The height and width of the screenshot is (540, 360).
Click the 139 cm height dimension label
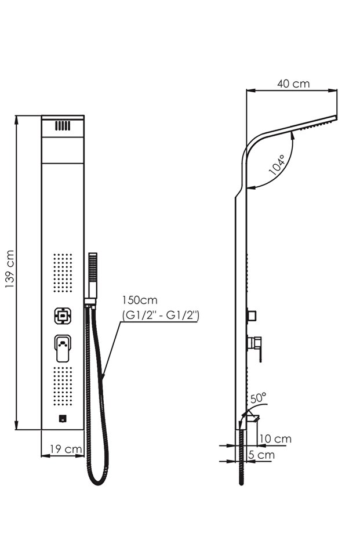(x=10, y=269)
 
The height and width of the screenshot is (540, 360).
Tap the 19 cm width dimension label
(x=66, y=449)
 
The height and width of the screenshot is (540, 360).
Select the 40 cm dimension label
(x=293, y=84)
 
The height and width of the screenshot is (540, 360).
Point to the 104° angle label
(x=278, y=165)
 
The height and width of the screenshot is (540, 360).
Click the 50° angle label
(x=259, y=398)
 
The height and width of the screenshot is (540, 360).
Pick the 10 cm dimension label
(x=275, y=438)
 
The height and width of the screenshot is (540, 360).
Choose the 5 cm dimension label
(x=261, y=455)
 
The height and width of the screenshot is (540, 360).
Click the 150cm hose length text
(x=139, y=300)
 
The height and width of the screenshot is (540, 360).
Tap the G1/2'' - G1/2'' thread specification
(x=161, y=315)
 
